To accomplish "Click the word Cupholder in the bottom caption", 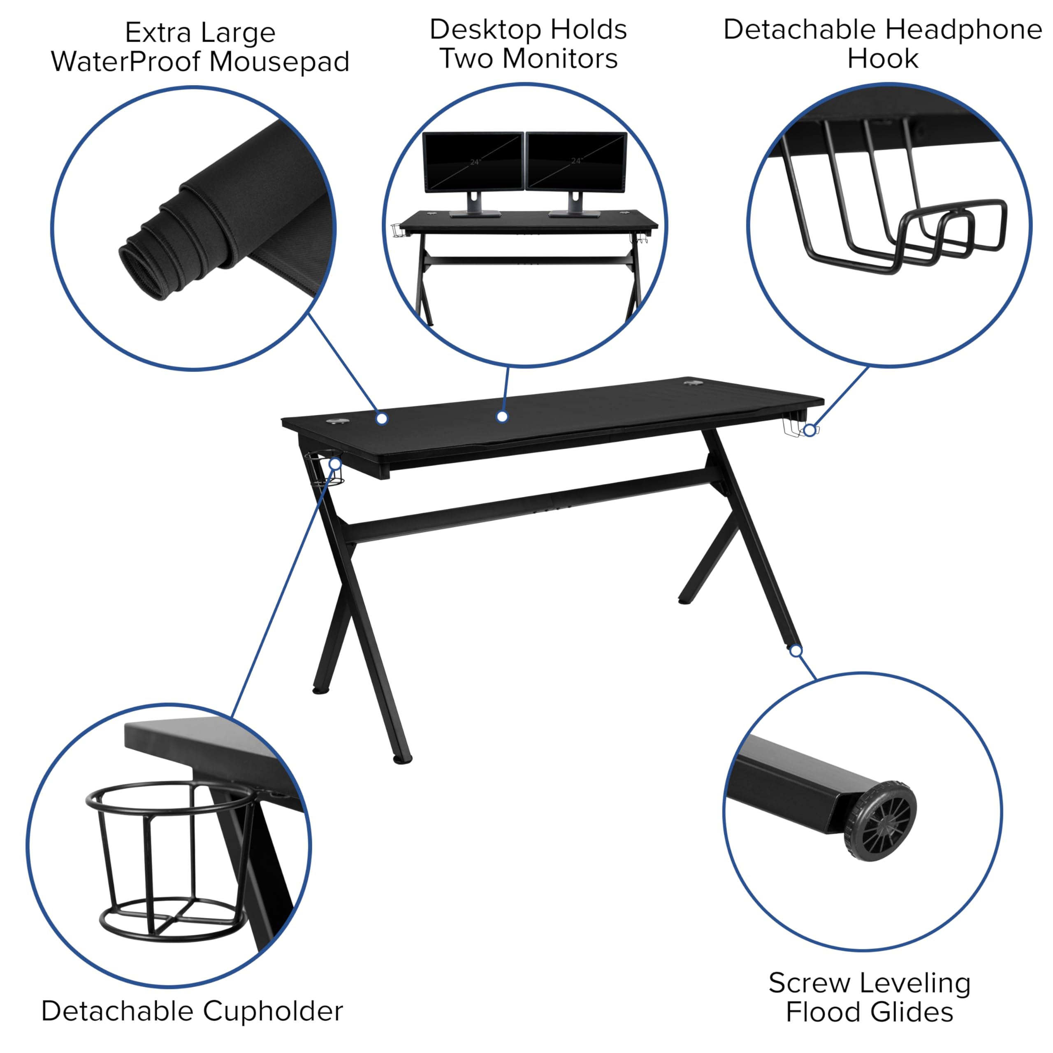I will [273, 1011].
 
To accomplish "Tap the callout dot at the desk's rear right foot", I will [796, 651].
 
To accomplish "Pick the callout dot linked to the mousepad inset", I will [382, 419].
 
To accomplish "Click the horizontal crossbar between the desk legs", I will [529, 504].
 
